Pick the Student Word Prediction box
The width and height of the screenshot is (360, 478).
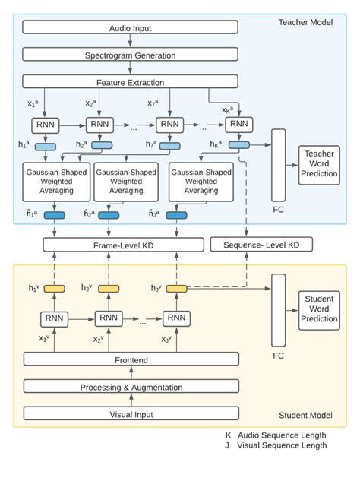tap(319, 309)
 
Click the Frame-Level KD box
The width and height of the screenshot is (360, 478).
tap(123, 245)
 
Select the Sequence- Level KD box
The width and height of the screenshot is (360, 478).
tap(260, 245)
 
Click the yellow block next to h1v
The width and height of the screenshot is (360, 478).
tap(53, 289)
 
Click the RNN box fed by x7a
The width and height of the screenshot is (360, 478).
tap(171, 124)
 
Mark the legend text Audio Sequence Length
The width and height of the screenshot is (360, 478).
tap(281, 435)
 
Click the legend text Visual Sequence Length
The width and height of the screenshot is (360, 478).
tap(282, 445)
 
